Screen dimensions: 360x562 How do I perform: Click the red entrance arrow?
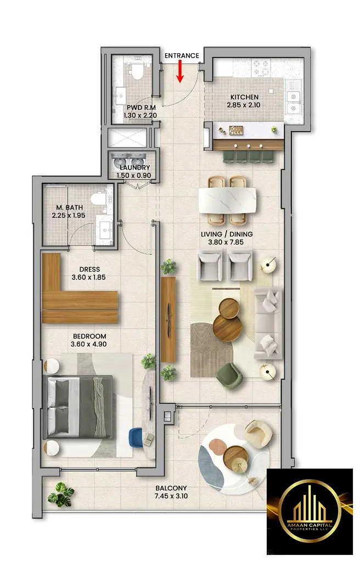coord(181,71)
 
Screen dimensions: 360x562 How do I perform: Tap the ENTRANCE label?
coord(182,55)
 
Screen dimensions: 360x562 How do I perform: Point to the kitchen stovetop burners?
coord(261,68)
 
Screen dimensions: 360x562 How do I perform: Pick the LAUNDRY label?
coord(135,167)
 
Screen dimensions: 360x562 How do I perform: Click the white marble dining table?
coord(227,200)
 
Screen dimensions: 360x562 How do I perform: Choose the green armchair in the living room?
coord(229,375)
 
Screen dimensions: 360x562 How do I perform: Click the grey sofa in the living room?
coord(268,323)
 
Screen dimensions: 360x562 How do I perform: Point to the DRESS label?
coord(89,269)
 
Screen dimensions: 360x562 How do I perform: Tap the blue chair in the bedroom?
coord(136,437)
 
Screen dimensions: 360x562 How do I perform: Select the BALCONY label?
coord(171,488)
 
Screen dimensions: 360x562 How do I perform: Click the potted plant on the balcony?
coord(60,494)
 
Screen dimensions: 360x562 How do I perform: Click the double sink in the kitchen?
coord(293,102)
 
